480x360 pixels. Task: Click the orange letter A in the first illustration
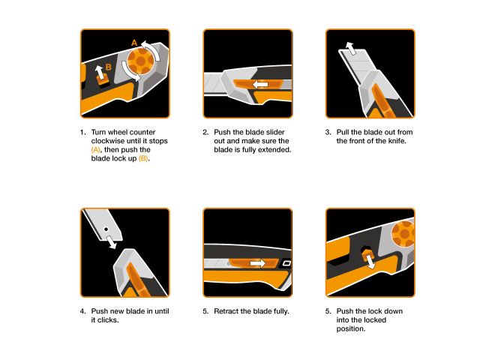(134, 43)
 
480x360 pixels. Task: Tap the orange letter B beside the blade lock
(109, 67)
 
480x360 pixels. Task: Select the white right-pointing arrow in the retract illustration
(258, 263)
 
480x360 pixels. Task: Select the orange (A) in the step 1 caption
(95, 149)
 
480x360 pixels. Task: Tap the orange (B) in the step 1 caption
(144, 158)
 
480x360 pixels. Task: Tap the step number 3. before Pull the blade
(328, 131)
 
